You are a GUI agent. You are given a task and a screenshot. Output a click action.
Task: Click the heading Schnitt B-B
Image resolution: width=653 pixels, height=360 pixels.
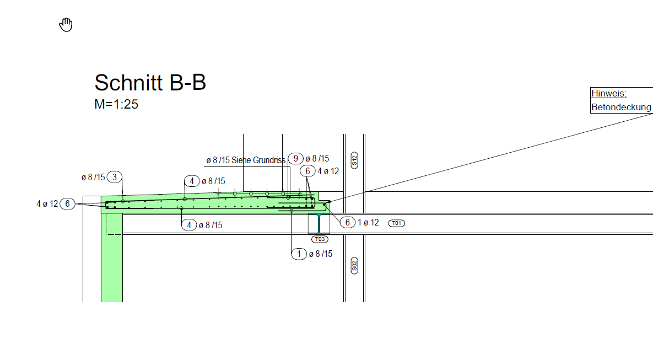coord(150,83)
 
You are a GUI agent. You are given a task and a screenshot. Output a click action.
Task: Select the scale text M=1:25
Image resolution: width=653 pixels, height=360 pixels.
coord(116,104)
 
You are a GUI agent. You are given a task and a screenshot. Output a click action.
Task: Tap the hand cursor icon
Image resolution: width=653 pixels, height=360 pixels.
coord(66,25)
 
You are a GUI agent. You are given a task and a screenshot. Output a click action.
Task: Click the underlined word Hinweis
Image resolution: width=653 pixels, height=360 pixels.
coord(609,93)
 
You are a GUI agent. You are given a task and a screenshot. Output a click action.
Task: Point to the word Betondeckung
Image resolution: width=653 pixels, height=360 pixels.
coord(622,107)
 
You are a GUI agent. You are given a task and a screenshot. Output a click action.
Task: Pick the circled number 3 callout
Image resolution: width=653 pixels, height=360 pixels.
coord(115,177)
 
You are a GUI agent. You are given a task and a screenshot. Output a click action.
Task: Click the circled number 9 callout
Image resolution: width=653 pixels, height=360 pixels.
coord(296,158)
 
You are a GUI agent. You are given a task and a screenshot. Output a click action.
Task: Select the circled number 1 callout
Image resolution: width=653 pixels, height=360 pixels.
coord(299,254)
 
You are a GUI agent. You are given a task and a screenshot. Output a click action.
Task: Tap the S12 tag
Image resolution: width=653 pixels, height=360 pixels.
coord(354,160)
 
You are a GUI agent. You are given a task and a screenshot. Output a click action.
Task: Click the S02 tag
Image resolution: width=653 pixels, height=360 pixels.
coord(354,265)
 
